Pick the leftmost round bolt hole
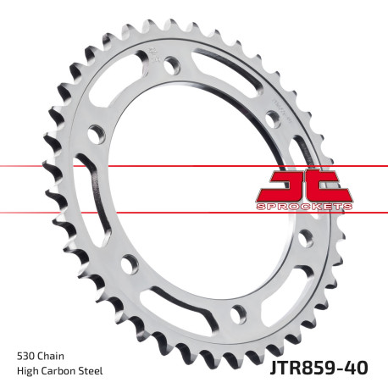click(x=95, y=134)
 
